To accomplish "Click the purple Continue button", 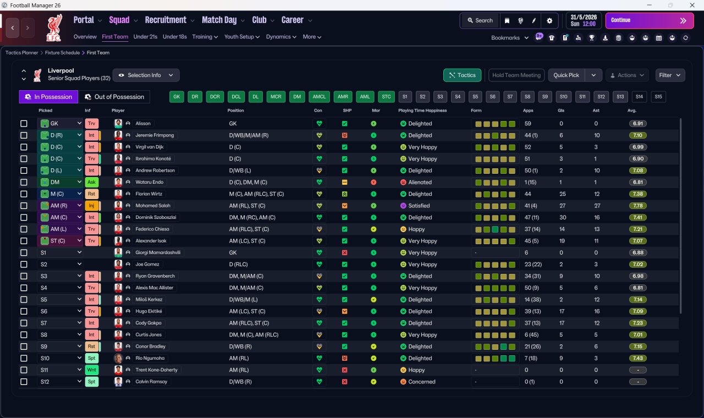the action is pyautogui.click(x=650, y=20).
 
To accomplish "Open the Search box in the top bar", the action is pyautogui.click(x=480, y=20).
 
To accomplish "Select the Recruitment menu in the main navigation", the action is pyautogui.click(x=166, y=20).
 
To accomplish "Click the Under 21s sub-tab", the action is pyautogui.click(x=145, y=37).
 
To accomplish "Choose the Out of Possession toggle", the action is pyautogui.click(x=114, y=97).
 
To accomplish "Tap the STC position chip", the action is pyautogui.click(x=386, y=97).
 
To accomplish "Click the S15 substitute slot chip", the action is pyautogui.click(x=658, y=97).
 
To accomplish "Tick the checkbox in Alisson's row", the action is pyautogui.click(x=24, y=124).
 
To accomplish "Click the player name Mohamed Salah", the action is pyautogui.click(x=153, y=206).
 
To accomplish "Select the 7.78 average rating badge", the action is pyautogui.click(x=637, y=206).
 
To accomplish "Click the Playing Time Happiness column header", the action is pyautogui.click(x=422, y=111).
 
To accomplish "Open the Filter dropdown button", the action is pyautogui.click(x=670, y=75).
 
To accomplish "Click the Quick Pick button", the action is pyautogui.click(x=566, y=75).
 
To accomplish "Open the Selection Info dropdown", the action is pyautogui.click(x=146, y=75).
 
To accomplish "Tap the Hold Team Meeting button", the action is pyautogui.click(x=516, y=75).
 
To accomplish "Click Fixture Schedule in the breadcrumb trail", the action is pyautogui.click(x=62, y=53).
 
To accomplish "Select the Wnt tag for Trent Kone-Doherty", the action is pyautogui.click(x=91, y=370).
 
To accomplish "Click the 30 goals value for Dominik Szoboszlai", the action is pyautogui.click(x=563, y=217).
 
